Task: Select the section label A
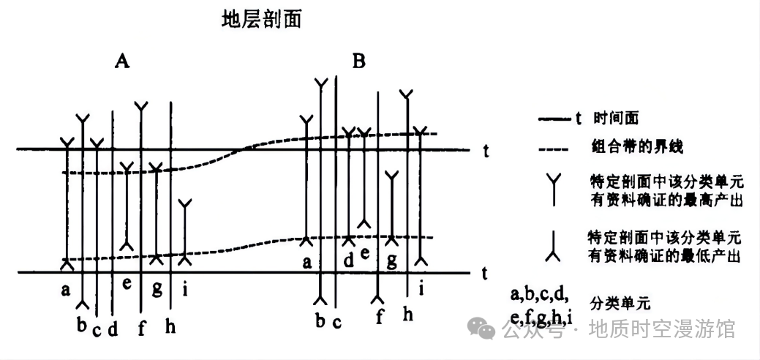point(122,61)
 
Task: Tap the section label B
point(358,61)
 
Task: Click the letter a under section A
point(66,290)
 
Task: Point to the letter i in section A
point(185,290)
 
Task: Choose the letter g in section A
point(157,288)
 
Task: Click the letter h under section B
point(407,314)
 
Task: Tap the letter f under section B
point(379,317)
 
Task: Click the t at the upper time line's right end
point(486,151)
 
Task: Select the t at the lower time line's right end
point(486,273)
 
